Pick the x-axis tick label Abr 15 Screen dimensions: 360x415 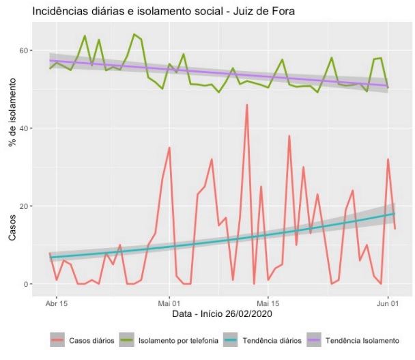point(57,302)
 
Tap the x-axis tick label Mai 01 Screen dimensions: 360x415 point(169,302)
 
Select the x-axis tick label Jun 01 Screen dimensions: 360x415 point(388,302)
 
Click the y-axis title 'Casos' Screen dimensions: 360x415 point(12,226)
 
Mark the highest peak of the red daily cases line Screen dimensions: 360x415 point(246,105)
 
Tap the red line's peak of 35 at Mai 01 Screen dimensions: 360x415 point(169,148)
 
